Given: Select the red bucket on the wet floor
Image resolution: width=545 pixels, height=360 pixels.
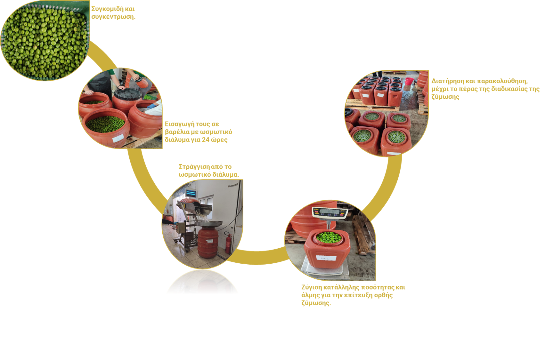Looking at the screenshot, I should point(409,82).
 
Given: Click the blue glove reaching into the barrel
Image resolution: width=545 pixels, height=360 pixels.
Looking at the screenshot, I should point(152,106).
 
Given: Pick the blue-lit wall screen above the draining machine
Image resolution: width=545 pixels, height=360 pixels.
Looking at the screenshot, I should point(191,193).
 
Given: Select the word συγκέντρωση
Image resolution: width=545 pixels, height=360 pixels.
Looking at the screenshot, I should point(113,17).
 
